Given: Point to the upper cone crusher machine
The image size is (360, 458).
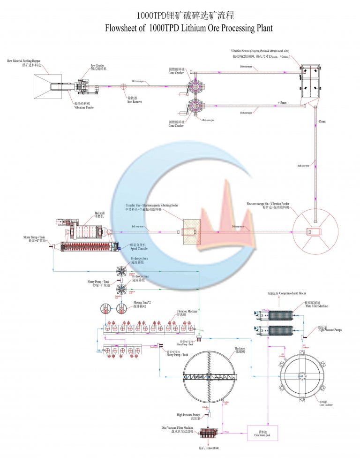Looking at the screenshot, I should tap(195, 86).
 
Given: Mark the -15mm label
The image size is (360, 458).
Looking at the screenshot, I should tap(321, 122).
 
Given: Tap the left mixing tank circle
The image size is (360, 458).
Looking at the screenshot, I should tap(106, 309).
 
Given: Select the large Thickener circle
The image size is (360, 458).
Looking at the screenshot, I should tap(210, 377).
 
